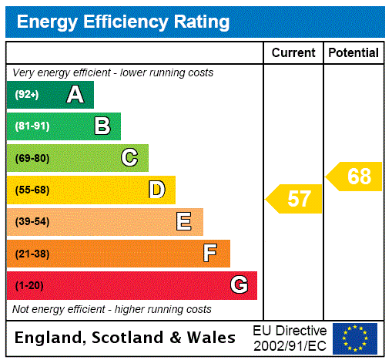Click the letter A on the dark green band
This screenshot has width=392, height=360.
tap(75, 95)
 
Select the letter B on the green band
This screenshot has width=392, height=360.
tap(102, 126)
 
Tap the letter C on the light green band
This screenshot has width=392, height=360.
tap(129, 158)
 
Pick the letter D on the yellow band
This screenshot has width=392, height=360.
tap(156, 190)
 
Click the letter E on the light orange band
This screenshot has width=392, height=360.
tap(184, 222)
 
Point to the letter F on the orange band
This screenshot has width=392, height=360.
tap(210, 254)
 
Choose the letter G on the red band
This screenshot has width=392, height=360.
tap(239, 285)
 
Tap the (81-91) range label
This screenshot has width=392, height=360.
tap(32, 126)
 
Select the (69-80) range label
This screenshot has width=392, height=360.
tap(32, 158)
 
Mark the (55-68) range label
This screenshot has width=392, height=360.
tap(32, 190)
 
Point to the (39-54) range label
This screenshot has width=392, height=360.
tap(32, 222)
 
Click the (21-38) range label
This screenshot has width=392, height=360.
tap(32, 254)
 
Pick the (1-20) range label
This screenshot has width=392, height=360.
tap(29, 285)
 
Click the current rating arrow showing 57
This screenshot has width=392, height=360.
tap(295, 199)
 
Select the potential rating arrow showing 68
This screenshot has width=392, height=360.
tap(355, 177)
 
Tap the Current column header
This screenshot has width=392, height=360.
tap(293, 53)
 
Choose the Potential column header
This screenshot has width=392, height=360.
tap(353, 53)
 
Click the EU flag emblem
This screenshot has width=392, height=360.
tap(355, 338)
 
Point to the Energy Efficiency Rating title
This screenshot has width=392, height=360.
tap(123, 22)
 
